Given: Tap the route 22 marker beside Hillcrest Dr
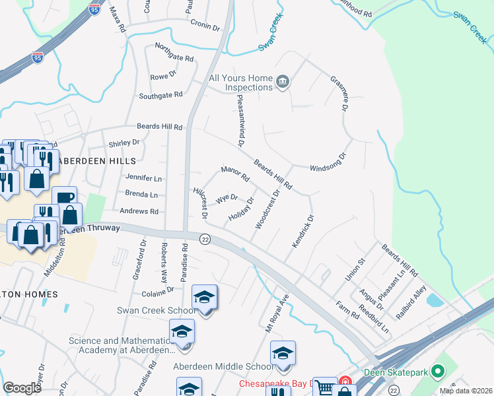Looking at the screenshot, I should pos(205,240).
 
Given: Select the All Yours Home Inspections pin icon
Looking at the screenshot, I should pos(283,82).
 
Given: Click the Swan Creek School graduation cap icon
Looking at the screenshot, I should pos(204,298).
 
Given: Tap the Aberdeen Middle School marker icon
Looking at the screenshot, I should pos(283,353).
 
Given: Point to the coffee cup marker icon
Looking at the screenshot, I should pos(65,198).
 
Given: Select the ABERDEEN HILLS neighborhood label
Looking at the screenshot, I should pos(96,161).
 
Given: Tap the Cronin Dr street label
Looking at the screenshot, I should pos(205,26).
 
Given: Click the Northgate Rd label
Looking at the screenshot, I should pos(174,53).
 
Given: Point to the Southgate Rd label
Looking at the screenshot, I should pos(160,96).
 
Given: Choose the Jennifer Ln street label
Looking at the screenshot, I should pos(143,178).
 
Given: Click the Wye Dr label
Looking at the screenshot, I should pos(227,197).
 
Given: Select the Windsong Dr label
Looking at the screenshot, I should pos(328,160).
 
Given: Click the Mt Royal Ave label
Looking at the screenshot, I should pos(278,313).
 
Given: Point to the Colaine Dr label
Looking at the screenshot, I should pos(157,289).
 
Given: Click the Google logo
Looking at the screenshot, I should pos(22,388).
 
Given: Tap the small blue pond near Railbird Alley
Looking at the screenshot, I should pos(435,300).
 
